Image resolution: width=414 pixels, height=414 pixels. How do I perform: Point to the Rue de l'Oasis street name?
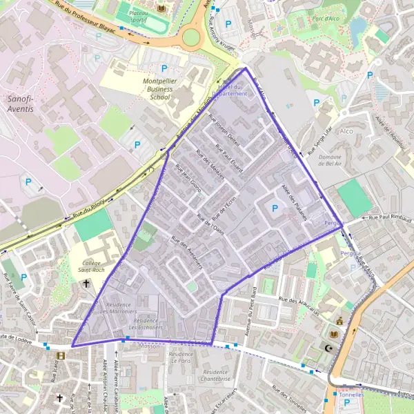210,223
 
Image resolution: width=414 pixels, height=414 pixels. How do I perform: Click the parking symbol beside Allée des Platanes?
275,208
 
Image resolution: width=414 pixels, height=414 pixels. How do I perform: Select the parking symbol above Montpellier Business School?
164,68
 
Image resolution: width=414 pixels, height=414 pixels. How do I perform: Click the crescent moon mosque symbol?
328,348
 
